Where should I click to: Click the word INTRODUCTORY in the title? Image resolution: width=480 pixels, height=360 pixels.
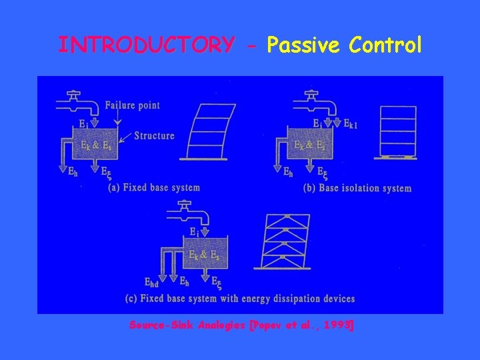click(x=146, y=45)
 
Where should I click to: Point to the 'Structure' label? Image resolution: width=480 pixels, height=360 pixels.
click(x=154, y=136)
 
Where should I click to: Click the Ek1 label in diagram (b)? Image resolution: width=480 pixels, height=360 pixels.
click(x=351, y=123)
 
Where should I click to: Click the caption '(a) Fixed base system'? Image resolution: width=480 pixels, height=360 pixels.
click(x=153, y=187)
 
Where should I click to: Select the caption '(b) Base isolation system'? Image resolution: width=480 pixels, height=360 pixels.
click(x=357, y=187)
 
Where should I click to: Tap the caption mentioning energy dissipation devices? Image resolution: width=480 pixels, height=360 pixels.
click(x=240, y=298)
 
